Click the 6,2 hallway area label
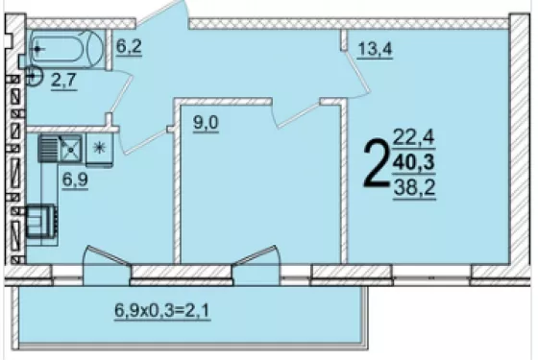pyautogui.click(x=129, y=47)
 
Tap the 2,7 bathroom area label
pyautogui.click(x=63, y=81)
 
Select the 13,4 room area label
pyautogui.click(x=375, y=49)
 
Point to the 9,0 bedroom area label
pyautogui.click(x=206, y=123)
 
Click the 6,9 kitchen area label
pyautogui.click(x=75, y=180)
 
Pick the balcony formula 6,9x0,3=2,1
pyautogui.click(x=162, y=311)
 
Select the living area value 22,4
pyautogui.click(x=414, y=137)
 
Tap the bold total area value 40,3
pyautogui.click(x=414, y=162)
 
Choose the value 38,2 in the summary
pyautogui.click(x=414, y=187)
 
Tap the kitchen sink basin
pyautogui.click(x=71, y=150)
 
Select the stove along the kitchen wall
pyautogui.click(x=41, y=222)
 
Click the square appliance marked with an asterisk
pyautogui.click(x=99, y=150)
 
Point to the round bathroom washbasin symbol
pyautogui.click(x=34, y=77)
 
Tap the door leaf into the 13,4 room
pyautogui.click(x=357, y=73)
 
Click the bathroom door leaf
pyautogui.click(x=121, y=92)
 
